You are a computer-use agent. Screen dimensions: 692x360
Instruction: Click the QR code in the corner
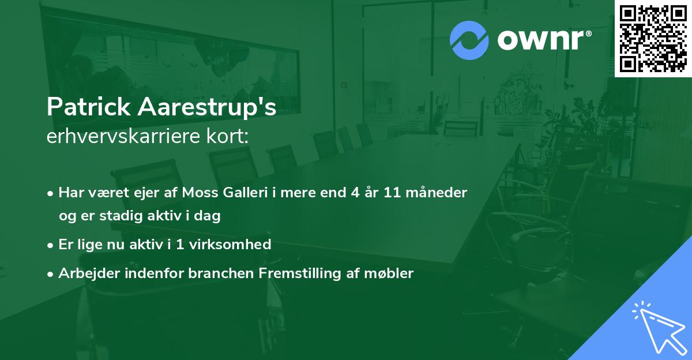[x=653, y=39]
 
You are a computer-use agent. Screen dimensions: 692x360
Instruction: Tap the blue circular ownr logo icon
[x=469, y=40]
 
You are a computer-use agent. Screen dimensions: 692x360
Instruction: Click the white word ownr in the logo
[x=541, y=40]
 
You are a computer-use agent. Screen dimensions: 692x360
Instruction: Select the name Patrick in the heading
[x=89, y=107]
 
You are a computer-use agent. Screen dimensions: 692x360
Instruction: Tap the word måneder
[x=436, y=193]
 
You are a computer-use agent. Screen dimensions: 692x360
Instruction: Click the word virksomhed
[x=230, y=245]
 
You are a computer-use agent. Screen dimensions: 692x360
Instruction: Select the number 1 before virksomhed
[x=179, y=245]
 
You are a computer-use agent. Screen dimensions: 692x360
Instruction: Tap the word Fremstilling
[x=300, y=273]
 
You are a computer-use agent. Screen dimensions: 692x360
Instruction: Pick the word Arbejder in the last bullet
[x=89, y=273]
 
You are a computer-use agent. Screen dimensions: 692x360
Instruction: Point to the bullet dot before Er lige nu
[x=50, y=245]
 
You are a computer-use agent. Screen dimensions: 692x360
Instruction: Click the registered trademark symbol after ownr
[x=588, y=33]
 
